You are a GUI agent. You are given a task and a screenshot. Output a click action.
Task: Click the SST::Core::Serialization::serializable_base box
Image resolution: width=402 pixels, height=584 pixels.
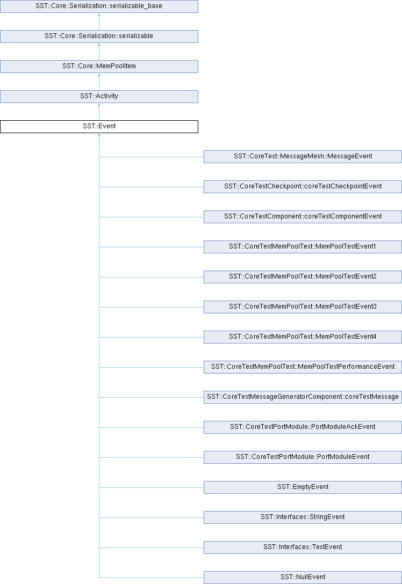click(99, 6)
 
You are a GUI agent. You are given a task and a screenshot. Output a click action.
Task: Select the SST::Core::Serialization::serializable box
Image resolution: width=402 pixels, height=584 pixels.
click(99, 36)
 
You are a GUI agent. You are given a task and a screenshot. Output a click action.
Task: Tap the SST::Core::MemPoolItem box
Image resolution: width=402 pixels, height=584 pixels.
click(99, 67)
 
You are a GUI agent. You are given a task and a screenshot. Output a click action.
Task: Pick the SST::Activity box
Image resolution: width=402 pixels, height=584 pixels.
click(99, 97)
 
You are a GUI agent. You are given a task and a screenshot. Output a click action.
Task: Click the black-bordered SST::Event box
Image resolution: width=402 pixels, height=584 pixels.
click(99, 127)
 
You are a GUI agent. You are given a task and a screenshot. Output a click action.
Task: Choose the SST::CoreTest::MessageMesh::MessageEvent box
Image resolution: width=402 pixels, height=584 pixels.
click(303, 156)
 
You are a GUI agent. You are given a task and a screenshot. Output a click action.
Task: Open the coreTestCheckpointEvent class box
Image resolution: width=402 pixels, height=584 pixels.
click(303, 187)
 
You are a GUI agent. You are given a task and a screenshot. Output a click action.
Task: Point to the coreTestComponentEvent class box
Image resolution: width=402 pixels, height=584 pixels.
click(303, 217)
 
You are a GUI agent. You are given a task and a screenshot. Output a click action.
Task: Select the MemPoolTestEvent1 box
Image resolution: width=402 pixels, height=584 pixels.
click(303, 246)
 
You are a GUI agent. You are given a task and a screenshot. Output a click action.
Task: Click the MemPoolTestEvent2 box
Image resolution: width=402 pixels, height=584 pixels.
click(303, 277)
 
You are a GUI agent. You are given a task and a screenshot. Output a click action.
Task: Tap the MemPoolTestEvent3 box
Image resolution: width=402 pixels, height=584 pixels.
click(303, 307)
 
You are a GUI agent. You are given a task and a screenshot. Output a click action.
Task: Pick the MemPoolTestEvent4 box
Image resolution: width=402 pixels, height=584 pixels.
click(303, 337)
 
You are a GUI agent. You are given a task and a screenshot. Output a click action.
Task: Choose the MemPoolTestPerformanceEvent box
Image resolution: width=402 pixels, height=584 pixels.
click(303, 367)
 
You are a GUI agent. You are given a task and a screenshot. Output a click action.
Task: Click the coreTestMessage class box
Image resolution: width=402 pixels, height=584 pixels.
click(303, 397)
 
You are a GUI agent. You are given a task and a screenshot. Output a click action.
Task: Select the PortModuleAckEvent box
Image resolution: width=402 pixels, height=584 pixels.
click(303, 427)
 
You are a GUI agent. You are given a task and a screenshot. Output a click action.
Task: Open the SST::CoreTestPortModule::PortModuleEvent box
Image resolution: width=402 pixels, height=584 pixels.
click(303, 457)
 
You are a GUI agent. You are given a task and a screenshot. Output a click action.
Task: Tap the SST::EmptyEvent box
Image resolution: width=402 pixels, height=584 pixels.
click(303, 487)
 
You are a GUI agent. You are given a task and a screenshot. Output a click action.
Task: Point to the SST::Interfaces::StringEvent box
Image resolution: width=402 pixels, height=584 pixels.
click(303, 517)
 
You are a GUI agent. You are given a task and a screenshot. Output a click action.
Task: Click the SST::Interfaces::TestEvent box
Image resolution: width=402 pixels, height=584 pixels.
click(303, 547)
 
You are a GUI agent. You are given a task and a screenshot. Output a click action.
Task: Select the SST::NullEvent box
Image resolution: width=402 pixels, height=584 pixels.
click(303, 578)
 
